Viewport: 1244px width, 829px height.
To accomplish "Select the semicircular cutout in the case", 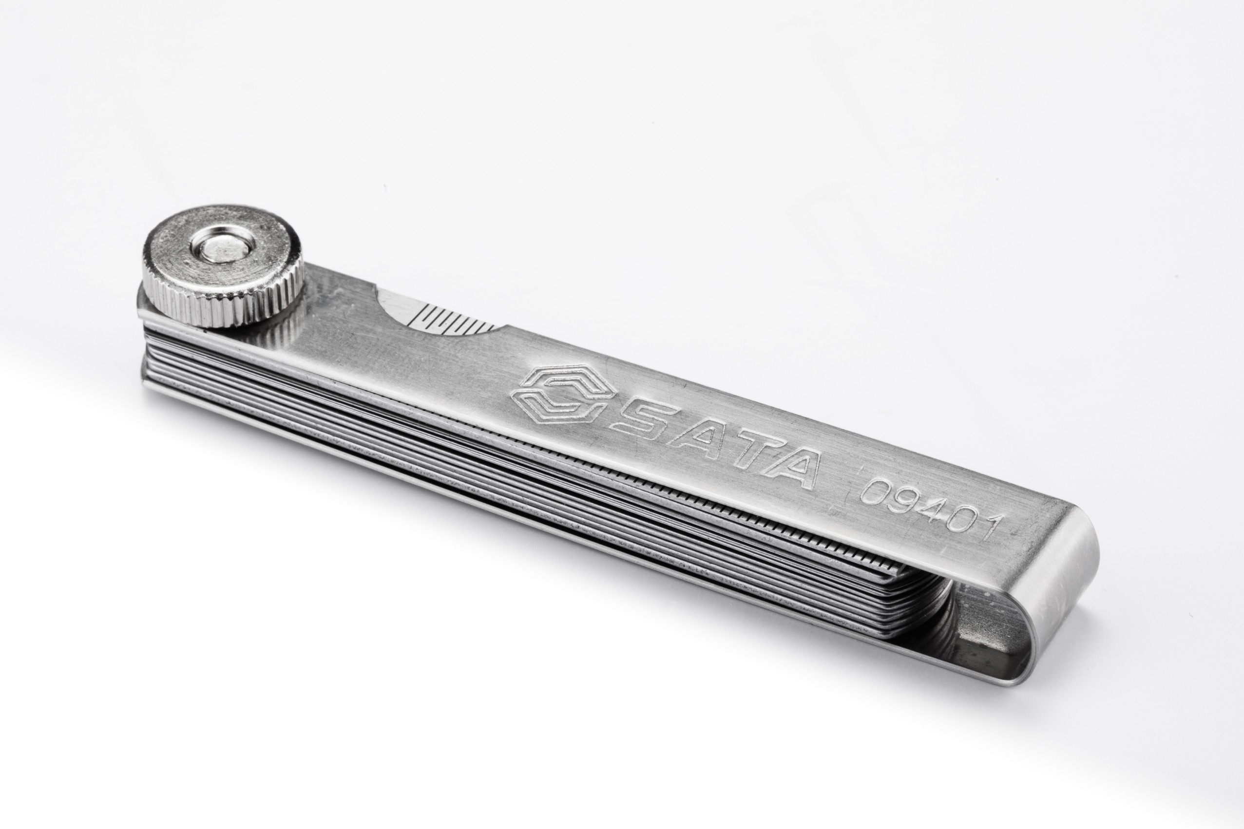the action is pos(439,313).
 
